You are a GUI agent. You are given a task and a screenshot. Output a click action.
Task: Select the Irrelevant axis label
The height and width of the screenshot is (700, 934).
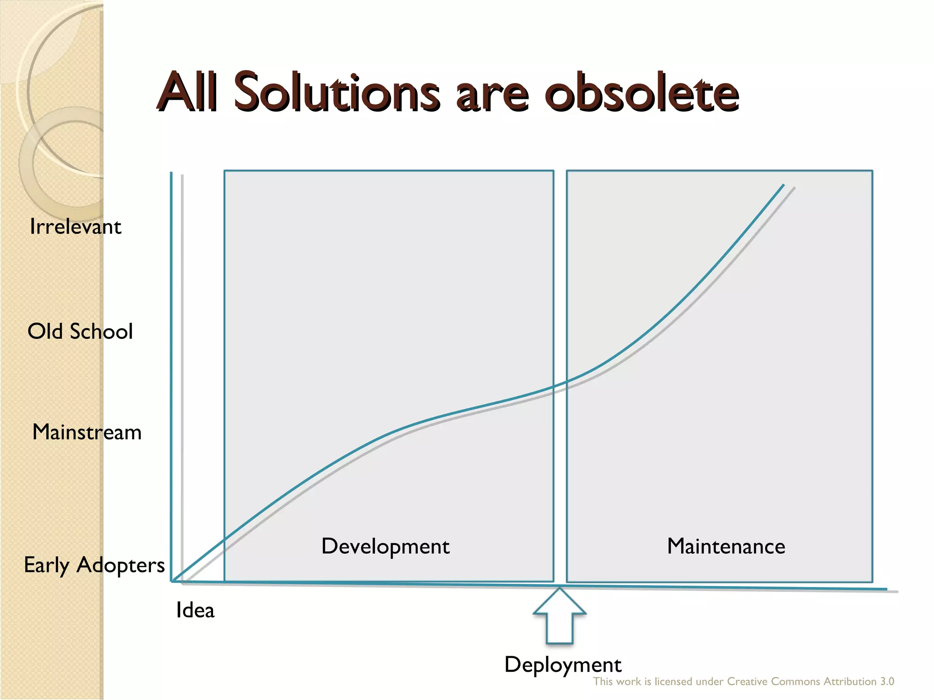[x=75, y=226]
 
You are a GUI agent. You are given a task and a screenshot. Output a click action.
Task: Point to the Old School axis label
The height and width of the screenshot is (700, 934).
[x=80, y=331]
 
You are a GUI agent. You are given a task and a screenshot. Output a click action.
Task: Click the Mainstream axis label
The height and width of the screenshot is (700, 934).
[x=87, y=432]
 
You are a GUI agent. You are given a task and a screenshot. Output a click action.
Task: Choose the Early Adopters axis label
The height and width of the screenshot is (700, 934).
[x=94, y=565]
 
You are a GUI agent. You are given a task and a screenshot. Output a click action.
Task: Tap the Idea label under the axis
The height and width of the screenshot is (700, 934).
[x=195, y=610]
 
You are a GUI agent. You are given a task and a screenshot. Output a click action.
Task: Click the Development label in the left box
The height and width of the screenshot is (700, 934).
[x=385, y=546]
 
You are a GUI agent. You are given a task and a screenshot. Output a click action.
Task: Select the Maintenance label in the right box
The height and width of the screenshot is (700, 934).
[x=726, y=546]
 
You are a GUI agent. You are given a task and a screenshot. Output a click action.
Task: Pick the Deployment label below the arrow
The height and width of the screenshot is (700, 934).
[x=563, y=665]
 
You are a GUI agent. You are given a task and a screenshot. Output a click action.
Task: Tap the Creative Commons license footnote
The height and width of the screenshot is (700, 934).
[x=743, y=682]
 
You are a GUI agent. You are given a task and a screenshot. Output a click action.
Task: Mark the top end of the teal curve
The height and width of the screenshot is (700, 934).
[x=783, y=185]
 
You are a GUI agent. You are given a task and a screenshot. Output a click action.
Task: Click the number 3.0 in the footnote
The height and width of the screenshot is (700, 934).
[x=887, y=682]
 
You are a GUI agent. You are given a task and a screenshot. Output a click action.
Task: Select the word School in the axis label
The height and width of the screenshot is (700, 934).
[x=101, y=331]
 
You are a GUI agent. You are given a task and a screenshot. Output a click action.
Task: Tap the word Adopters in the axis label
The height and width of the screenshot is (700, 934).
[x=120, y=566]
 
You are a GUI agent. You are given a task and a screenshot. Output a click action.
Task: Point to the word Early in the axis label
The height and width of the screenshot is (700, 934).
[x=47, y=566]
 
